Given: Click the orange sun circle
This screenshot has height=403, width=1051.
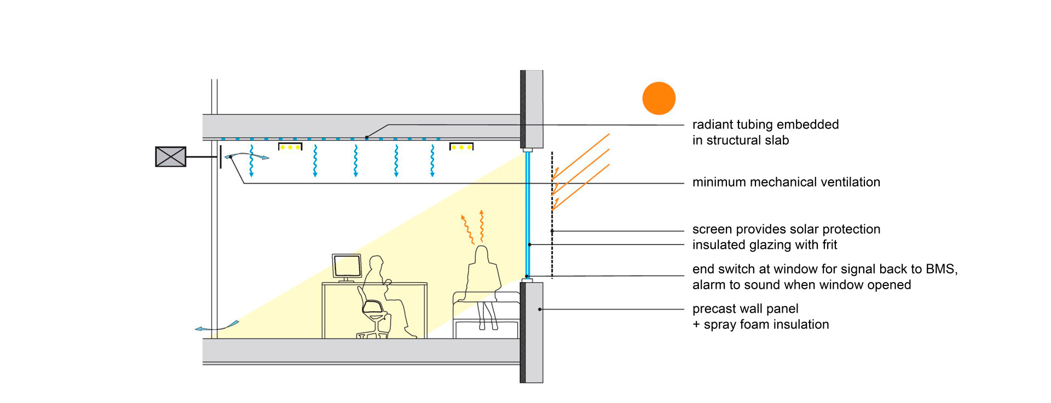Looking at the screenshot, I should (659, 98).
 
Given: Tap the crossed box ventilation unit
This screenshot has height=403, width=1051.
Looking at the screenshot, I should (171, 156).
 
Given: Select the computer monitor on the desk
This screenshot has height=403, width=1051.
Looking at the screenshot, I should (347, 266).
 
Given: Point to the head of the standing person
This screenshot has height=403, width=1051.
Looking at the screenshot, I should (482, 254).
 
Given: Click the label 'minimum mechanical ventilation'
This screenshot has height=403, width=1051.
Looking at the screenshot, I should (786, 182).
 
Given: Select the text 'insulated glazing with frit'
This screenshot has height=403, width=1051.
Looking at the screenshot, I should (765, 245).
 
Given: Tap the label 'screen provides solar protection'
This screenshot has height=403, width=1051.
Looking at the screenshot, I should (786, 229).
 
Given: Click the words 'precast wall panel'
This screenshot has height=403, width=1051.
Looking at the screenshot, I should (745, 309).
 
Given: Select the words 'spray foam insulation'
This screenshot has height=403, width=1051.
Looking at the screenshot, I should (766, 325).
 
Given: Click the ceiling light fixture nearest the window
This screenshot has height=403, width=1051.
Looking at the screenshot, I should (461, 147).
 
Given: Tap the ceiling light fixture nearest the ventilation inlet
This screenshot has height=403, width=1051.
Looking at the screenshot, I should (290, 147).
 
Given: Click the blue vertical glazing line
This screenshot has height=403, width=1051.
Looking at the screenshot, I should (528, 213).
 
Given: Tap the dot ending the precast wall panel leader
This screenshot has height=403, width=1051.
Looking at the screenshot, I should (540, 309).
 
